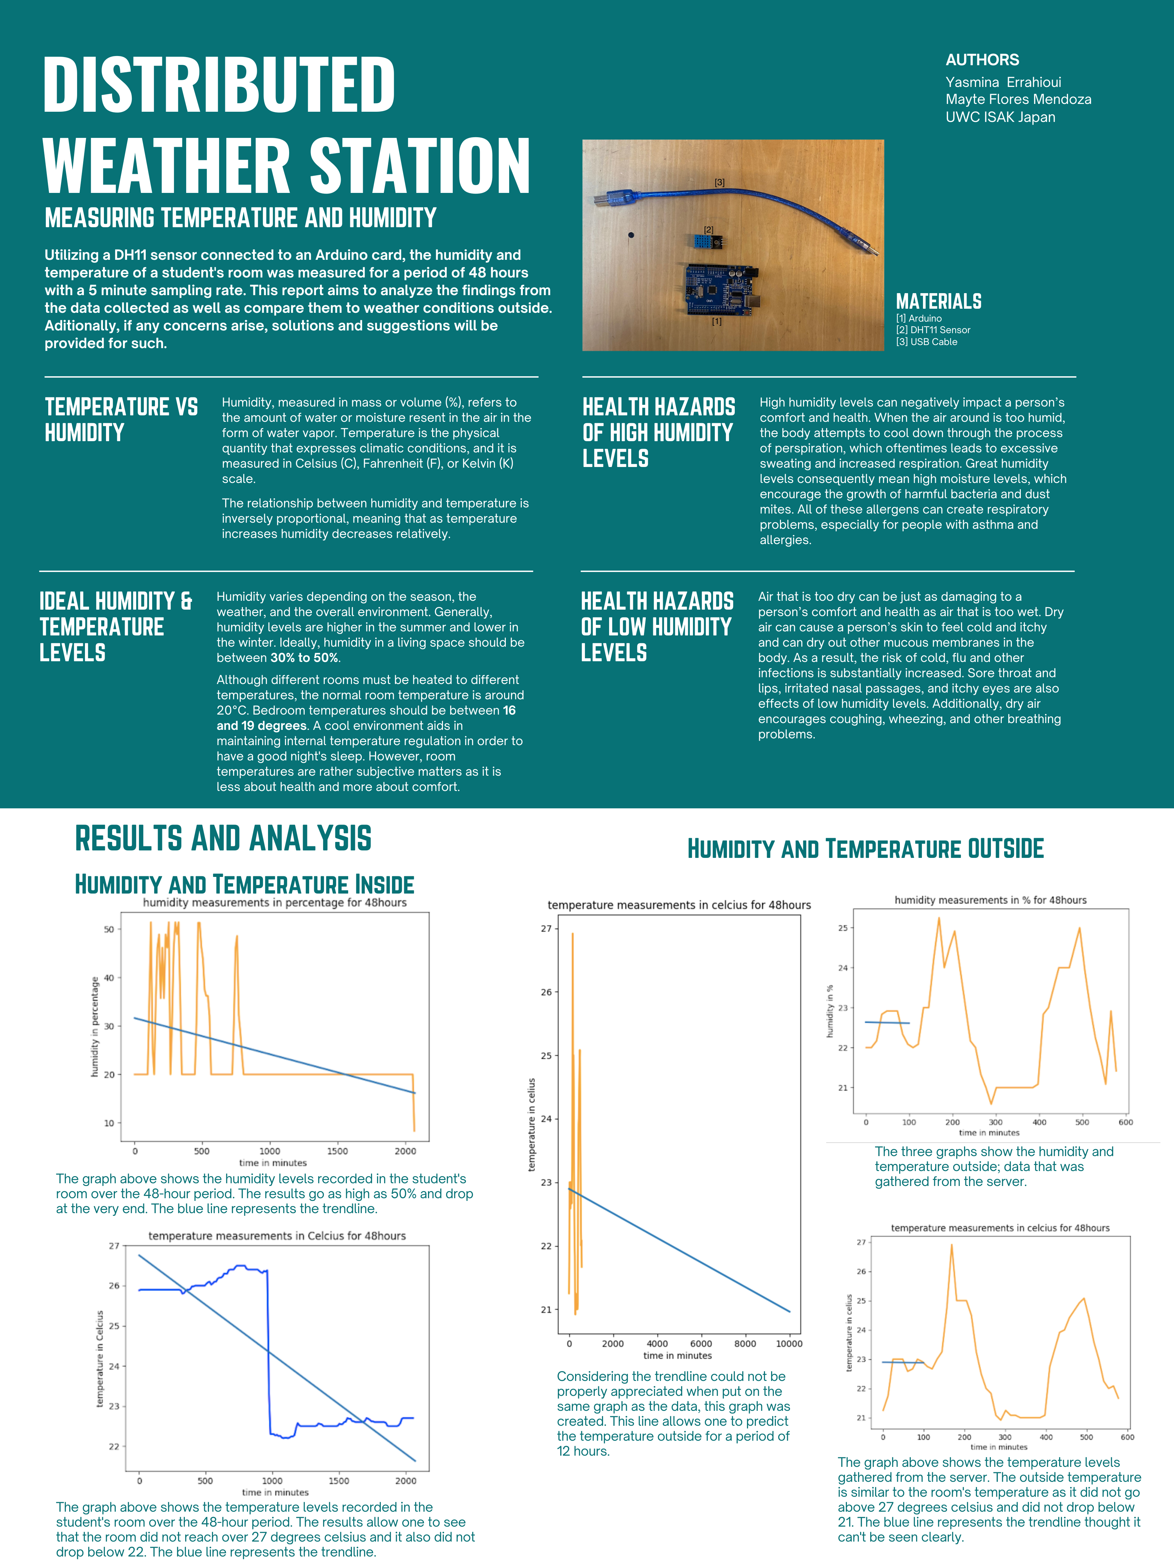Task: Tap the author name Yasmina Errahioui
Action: coord(1003,82)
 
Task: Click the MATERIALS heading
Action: coord(938,301)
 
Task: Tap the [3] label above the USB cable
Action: coord(719,182)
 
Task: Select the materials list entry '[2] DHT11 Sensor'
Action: coord(933,330)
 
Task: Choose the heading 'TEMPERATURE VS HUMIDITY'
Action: coord(121,419)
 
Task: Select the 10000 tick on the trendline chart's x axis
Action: coord(789,1344)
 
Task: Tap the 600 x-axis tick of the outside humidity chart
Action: coord(1125,1122)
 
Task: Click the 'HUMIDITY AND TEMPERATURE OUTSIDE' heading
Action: coord(866,849)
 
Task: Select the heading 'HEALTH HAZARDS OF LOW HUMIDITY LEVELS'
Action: coord(657,627)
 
